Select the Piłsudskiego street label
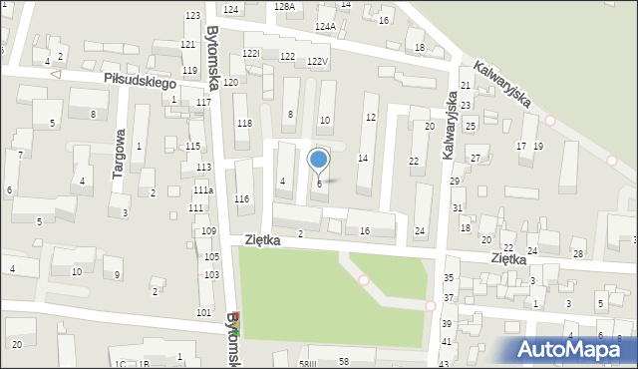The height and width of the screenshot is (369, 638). coord(138,81)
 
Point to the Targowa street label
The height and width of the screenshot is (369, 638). coord(119,153)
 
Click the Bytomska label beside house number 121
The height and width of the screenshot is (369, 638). coord(211,54)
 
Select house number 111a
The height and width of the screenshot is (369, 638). coord(202,189)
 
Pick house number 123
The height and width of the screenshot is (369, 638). coord(192,16)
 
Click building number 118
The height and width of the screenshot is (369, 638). coord(243,123)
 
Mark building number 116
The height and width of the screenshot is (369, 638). coord(241,199)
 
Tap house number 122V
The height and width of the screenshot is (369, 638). coord(317,62)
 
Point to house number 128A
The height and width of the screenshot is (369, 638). coord(285,6)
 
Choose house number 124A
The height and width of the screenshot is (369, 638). coord(325,26)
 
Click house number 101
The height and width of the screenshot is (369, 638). coord(203,313)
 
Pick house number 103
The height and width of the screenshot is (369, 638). coord(210,274)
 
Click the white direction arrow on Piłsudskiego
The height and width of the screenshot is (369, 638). coord(56,74)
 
